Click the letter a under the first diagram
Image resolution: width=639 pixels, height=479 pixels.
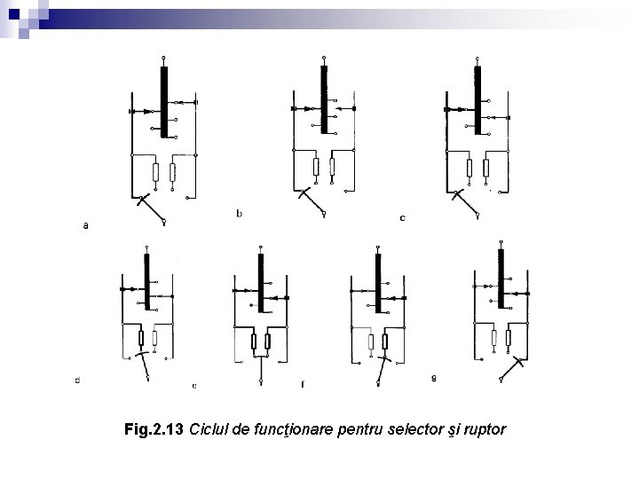[85, 226]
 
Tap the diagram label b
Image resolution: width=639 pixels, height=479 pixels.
[239, 213]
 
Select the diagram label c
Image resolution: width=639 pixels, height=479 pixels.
[403, 217]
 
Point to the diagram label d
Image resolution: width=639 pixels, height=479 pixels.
[77, 381]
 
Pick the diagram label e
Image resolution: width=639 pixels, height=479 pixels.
[194, 386]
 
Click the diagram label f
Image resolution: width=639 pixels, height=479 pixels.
[303, 385]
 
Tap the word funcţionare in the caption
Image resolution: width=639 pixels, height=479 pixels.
[288, 430]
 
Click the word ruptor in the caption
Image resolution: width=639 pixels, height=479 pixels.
[485, 430]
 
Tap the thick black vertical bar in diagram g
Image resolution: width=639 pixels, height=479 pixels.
[500, 279]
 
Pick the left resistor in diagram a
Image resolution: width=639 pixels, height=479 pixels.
[155, 171]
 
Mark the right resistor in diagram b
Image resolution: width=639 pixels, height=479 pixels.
[332, 166]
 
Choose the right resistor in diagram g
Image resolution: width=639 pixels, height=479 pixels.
[508, 337]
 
